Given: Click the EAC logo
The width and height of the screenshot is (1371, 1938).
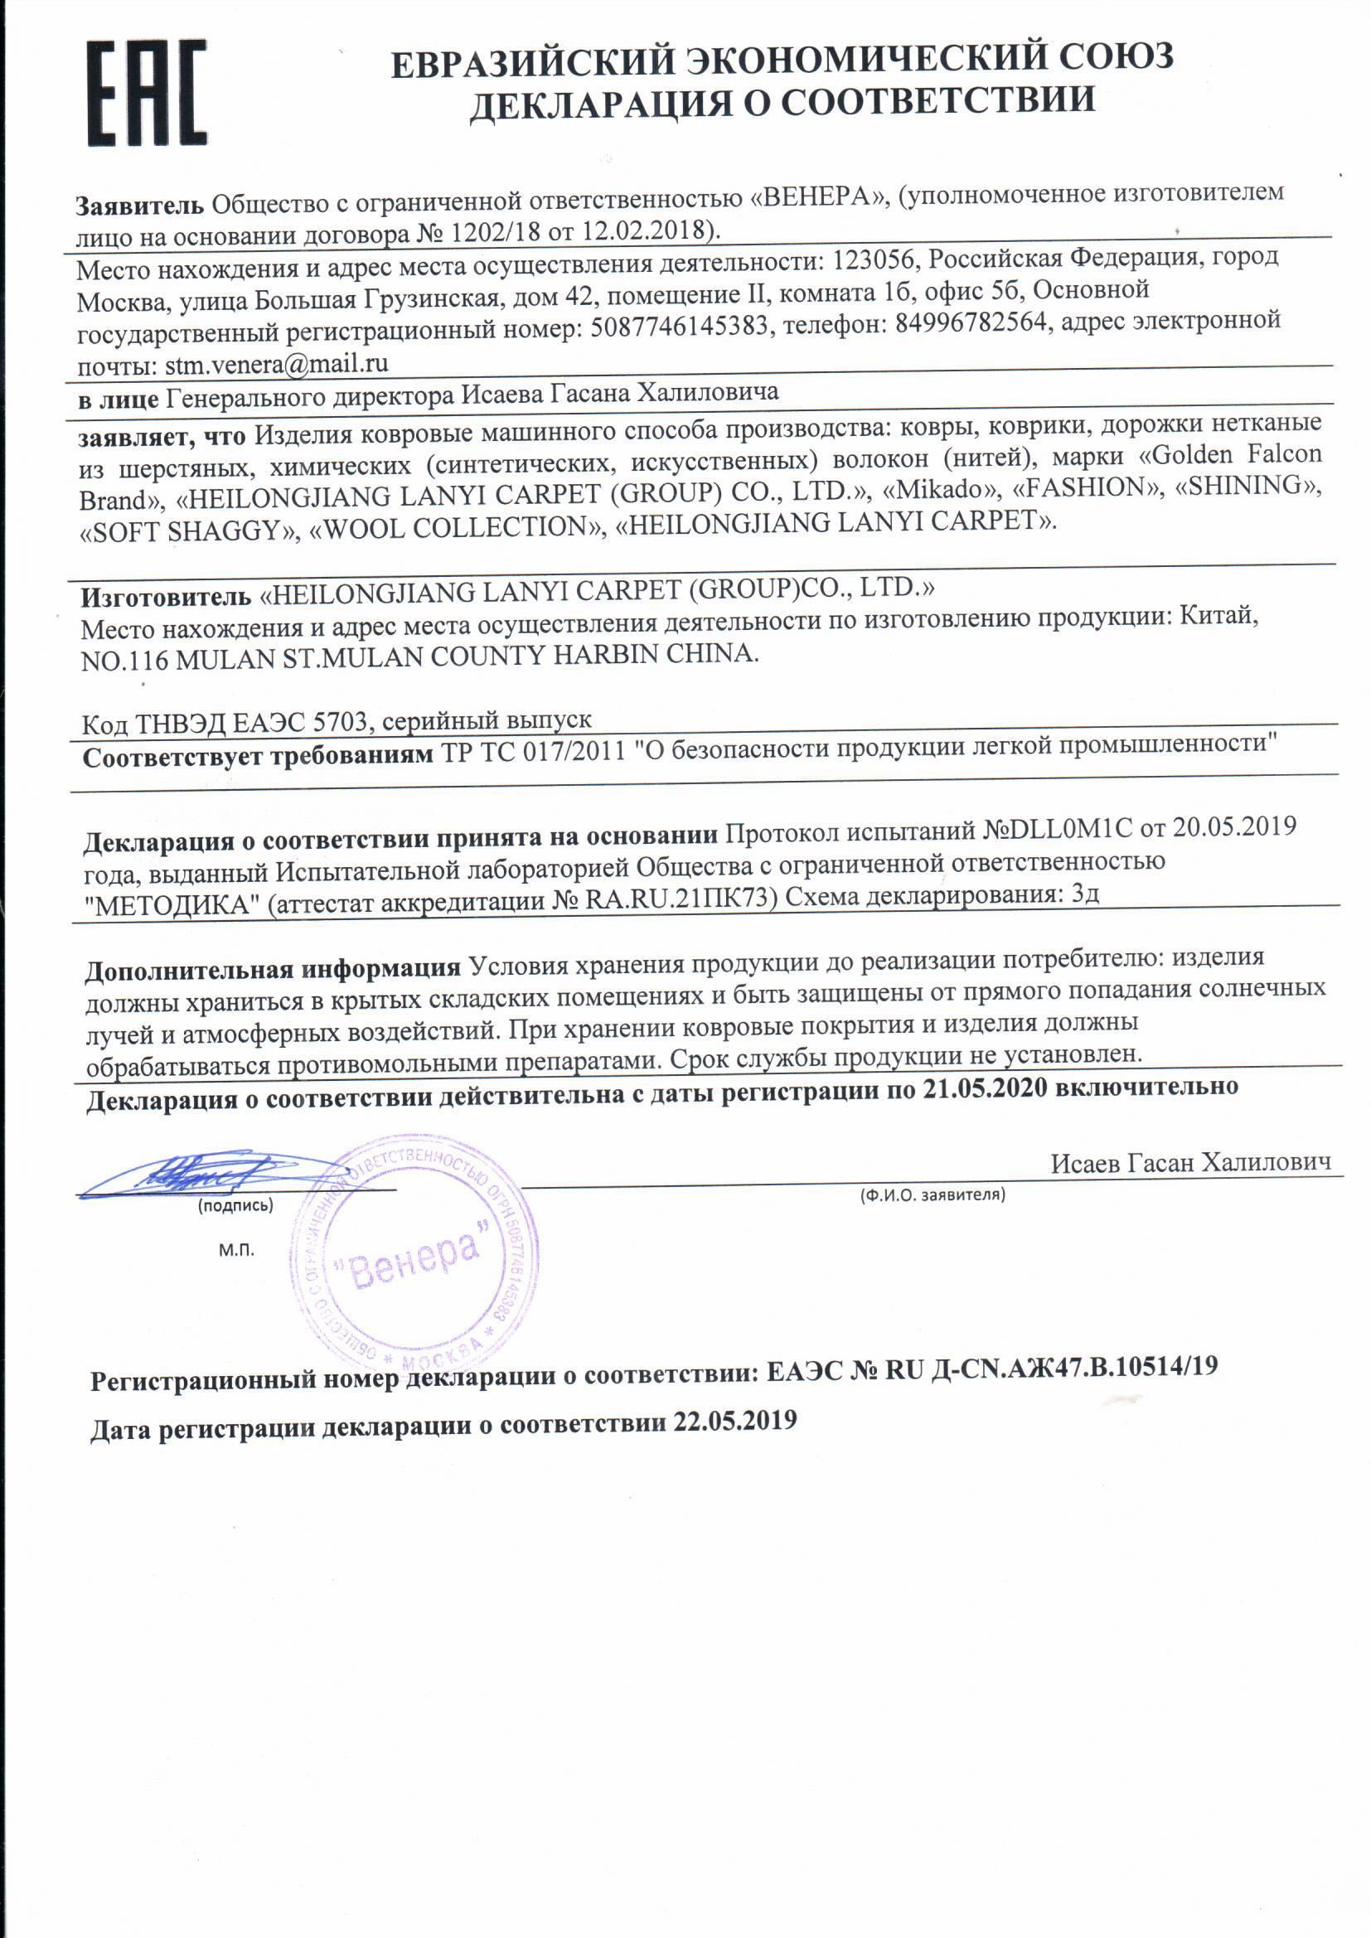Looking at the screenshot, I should [x=147, y=93].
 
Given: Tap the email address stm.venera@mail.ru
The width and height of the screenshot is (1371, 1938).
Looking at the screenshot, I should [x=276, y=365].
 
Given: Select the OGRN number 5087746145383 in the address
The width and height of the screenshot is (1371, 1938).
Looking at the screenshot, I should [x=680, y=326].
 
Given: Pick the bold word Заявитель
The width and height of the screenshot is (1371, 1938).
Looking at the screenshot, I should [x=140, y=205].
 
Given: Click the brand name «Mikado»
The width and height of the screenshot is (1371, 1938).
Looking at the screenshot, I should [x=937, y=489].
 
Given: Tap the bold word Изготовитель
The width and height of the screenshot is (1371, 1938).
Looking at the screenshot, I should [x=166, y=598].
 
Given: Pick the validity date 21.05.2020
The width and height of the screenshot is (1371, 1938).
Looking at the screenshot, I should [x=985, y=1088].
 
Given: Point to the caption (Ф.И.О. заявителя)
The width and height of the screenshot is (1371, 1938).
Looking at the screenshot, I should [x=932, y=1195].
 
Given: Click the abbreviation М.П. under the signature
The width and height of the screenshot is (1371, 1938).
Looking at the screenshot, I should [x=236, y=1250].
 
